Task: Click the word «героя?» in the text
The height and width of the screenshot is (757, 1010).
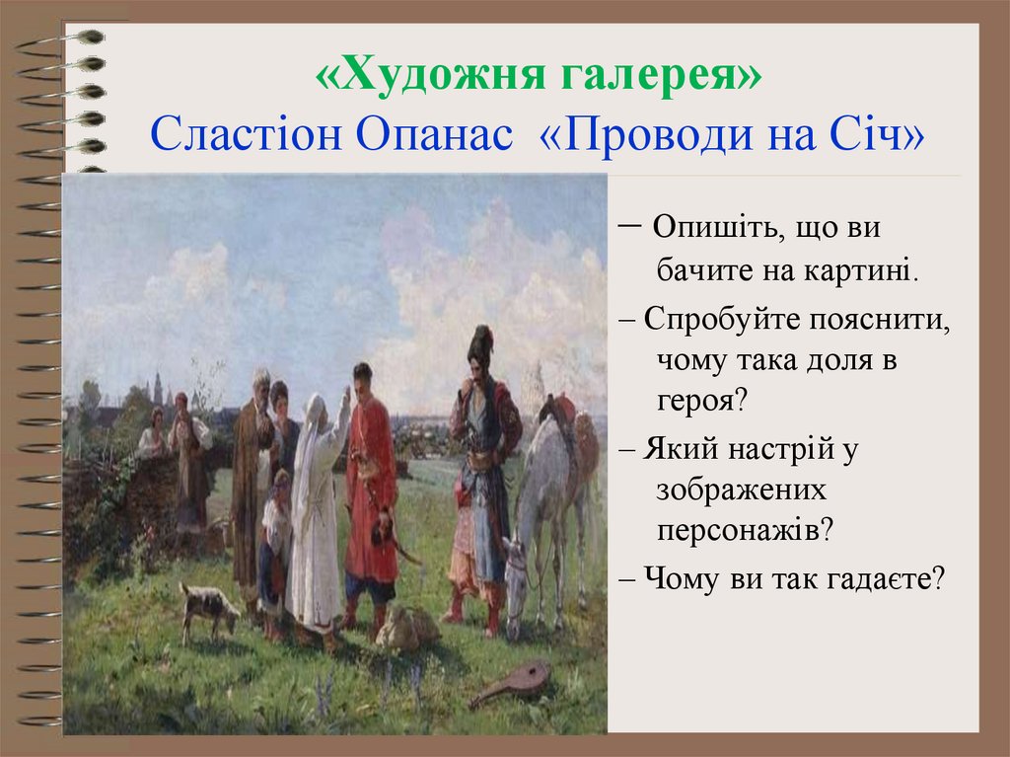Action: tap(702, 400)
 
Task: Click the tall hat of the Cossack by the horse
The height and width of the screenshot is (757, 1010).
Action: tap(480, 343)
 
